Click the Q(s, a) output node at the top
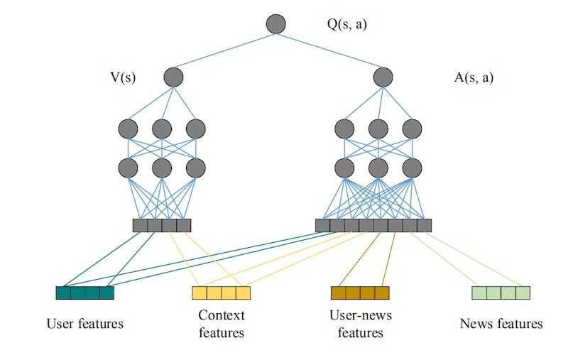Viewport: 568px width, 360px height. click(275, 24)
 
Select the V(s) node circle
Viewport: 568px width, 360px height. click(173, 77)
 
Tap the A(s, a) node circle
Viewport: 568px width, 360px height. click(383, 77)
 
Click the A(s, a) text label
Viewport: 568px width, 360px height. click(473, 77)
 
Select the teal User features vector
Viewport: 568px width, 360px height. click(84, 293)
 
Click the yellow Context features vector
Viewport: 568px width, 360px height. click(221, 293)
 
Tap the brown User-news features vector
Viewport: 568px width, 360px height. click(360, 293)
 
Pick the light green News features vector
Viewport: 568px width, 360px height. click(501, 293)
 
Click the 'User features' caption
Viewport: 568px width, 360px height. click(84, 324)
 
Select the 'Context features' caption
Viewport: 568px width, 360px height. click(221, 324)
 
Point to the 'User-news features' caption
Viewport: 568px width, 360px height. click(360, 324)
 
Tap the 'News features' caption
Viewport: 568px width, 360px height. click(501, 324)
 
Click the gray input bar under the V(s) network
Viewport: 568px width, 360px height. click(162, 226)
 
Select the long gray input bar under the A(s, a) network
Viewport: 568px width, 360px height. click(373, 226)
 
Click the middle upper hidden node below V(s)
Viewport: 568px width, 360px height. click(162, 129)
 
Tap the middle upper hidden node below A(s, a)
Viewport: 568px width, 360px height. click(378, 129)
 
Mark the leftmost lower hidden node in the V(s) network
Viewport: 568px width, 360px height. click(128, 168)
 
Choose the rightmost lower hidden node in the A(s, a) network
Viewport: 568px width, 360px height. click(413, 168)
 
